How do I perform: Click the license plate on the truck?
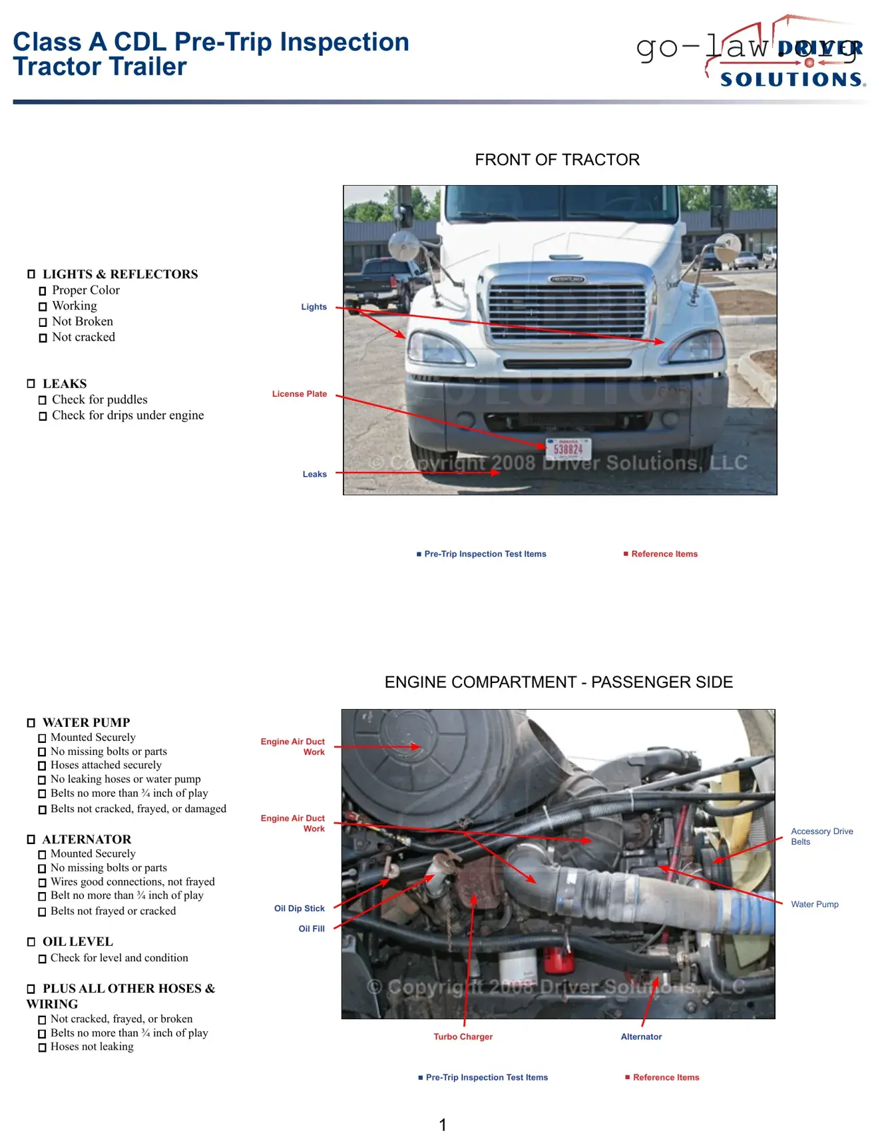coord(568,449)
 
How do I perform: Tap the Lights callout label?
coord(314,307)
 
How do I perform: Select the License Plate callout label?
coord(300,394)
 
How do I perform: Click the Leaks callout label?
coord(314,474)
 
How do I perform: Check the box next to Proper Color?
coord(43,291)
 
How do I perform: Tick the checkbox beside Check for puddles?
coord(43,400)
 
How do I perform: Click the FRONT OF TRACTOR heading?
coord(557,160)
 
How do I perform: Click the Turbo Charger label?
coord(463,1036)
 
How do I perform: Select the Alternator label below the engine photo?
coord(641,1036)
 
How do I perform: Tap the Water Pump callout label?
coord(814,904)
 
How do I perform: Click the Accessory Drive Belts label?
coord(821,836)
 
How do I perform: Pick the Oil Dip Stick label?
coord(300,908)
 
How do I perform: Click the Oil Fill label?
coord(312,929)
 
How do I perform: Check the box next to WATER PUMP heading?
coord(31,723)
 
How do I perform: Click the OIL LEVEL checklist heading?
coord(77,942)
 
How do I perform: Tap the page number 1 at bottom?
coord(443,1125)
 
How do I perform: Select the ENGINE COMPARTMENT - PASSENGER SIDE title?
coord(558,682)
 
